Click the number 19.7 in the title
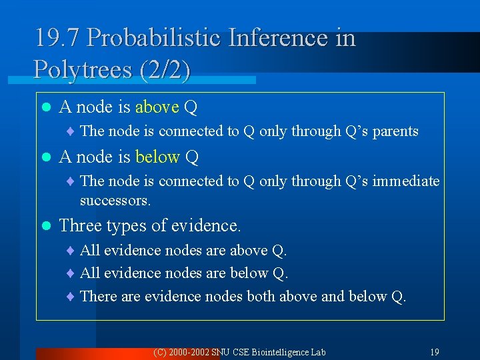(57, 38)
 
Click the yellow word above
(157, 107)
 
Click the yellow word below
(157, 157)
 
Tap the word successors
(115, 200)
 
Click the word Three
(81, 226)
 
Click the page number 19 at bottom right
(434, 351)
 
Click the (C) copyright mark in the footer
(159, 351)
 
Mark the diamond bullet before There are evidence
(71, 296)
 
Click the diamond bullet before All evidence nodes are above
(71, 251)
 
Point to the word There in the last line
(97, 296)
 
